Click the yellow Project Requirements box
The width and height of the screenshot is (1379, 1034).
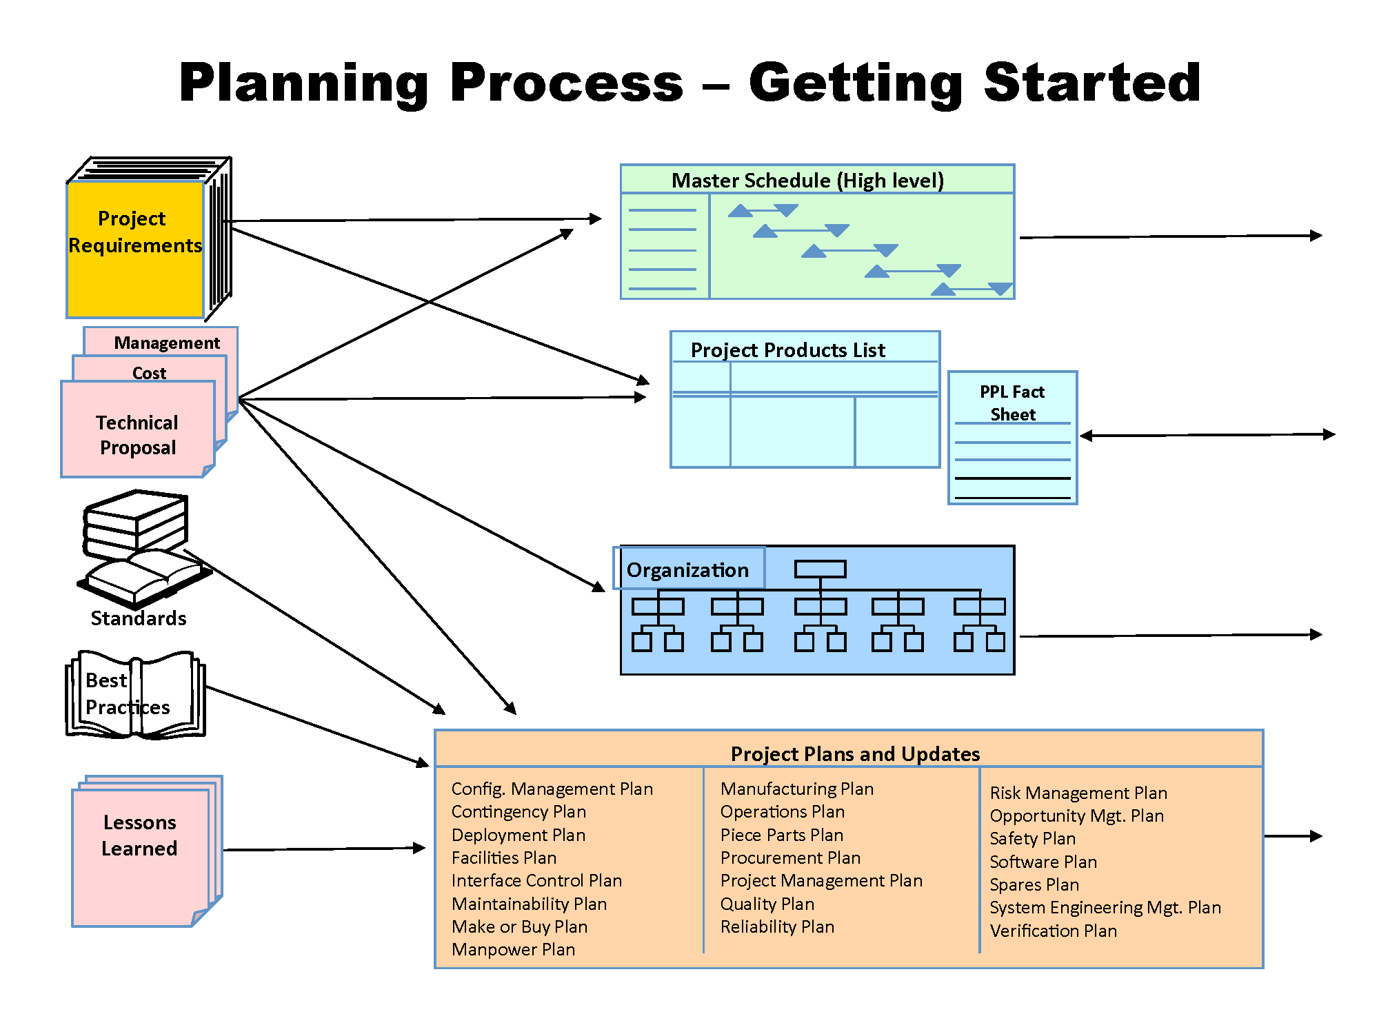tap(135, 248)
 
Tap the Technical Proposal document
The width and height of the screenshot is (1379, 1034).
tap(138, 434)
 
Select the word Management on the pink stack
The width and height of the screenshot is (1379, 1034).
tap(167, 343)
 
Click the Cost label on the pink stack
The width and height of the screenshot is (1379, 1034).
tap(150, 373)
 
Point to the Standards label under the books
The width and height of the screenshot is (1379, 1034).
tap(139, 618)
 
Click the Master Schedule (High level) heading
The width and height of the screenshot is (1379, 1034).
tap(807, 181)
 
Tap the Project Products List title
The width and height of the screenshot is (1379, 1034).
tap(787, 350)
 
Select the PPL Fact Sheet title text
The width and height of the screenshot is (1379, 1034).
tap(1012, 403)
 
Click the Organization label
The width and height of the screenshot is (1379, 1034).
tap(687, 570)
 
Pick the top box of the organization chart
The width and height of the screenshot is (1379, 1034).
tap(820, 569)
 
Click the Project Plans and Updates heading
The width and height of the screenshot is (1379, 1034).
tap(855, 753)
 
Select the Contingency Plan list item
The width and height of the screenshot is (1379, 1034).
tap(519, 811)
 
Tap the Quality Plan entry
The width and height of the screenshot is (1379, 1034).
tap(767, 904)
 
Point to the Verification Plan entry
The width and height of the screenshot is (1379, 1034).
tap(1053, 931)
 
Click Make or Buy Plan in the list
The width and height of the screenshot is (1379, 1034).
tap(519, 926)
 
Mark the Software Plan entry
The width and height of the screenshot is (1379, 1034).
tap(1043, 862)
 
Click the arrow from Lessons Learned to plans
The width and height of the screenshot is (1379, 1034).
tap(324, 849)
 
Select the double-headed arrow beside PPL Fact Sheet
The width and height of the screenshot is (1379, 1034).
tap(1207, 435)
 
